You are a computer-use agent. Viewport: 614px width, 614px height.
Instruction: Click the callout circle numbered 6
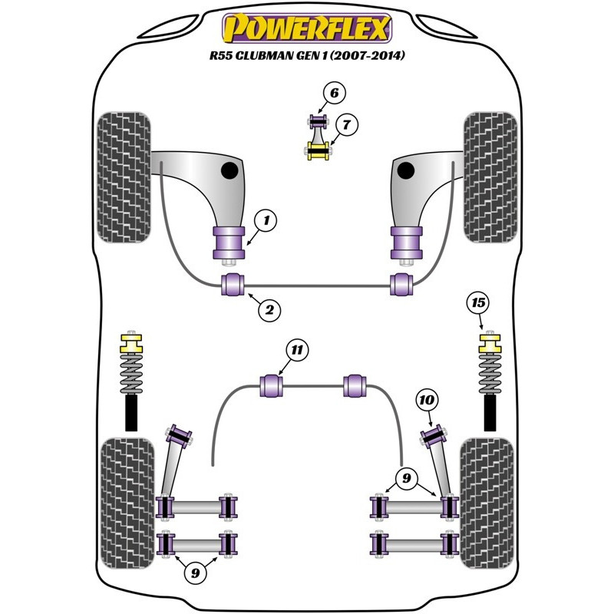coord(334,94)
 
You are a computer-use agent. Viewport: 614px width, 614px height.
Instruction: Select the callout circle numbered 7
coord(345,124)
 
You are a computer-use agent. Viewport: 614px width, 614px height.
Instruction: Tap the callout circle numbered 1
coord(266,222)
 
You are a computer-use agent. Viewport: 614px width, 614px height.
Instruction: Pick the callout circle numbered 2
coord(269,310)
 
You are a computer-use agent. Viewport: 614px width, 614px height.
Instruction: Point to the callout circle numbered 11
coord(297,351)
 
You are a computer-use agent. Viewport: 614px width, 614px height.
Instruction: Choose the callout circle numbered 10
coord(427,399)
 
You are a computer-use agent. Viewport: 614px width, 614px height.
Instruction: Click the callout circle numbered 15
coord(478,303)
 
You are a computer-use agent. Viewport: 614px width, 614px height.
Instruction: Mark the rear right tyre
coord(487,503)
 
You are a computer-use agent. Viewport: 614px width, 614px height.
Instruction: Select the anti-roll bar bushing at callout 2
coord(232,284)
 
